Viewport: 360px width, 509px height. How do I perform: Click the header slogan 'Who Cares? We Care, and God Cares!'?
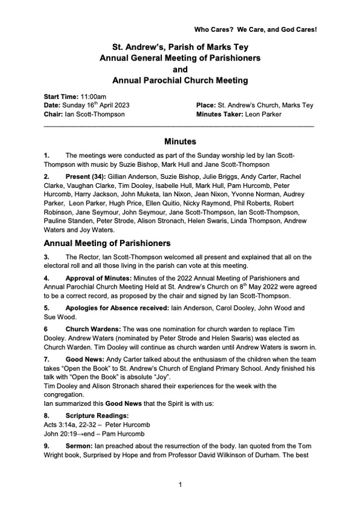[x=256, y=29]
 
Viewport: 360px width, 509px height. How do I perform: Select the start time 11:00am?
[x=92, y=97]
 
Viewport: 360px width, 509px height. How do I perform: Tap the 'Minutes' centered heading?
[x=180, y=142]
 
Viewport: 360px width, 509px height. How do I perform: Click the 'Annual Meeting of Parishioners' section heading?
[x=108, y=243]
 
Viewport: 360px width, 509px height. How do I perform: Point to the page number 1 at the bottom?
[x=180, y=484]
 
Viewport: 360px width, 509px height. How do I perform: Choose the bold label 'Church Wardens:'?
[x=91, y=329]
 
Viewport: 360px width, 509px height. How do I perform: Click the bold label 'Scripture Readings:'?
[x=94, y=414]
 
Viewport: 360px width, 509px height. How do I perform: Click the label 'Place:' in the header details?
[x=206, y=105]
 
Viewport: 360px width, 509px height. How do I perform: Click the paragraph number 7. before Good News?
[x=47, y=358]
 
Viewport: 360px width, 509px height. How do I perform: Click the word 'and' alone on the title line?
[x=180, y=68]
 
